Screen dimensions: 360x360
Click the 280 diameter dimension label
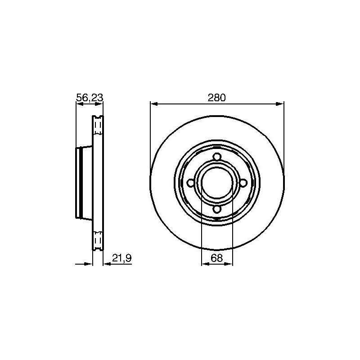point(217,98)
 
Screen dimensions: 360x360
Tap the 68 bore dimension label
point(217,258)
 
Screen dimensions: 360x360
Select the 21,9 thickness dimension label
point(121,258)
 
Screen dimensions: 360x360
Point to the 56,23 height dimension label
point(90,98)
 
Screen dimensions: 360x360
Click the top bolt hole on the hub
point(217,157)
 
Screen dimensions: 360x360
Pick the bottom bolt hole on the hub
point(217,209)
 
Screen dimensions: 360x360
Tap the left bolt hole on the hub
point(191,183)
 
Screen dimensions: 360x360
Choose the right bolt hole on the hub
point(243,183)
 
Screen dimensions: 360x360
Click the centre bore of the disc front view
point(217,183)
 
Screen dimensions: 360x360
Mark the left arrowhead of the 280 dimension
point(153,104)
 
